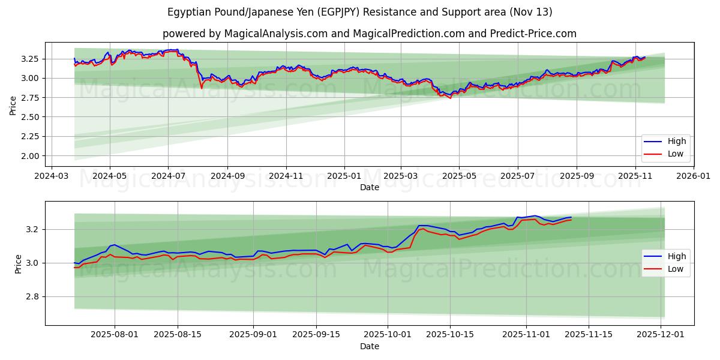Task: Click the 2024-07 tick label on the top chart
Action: coord(167,176)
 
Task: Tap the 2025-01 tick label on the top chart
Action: coord(344,176)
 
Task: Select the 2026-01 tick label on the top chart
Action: coord(693,176)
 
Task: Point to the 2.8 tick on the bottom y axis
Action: coord(33,297)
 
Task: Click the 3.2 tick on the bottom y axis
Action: coord(33,230)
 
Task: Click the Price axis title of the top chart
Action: coord(13,106)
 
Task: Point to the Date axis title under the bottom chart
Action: coord(370,347)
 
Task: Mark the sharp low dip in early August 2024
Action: coord(202,88)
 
